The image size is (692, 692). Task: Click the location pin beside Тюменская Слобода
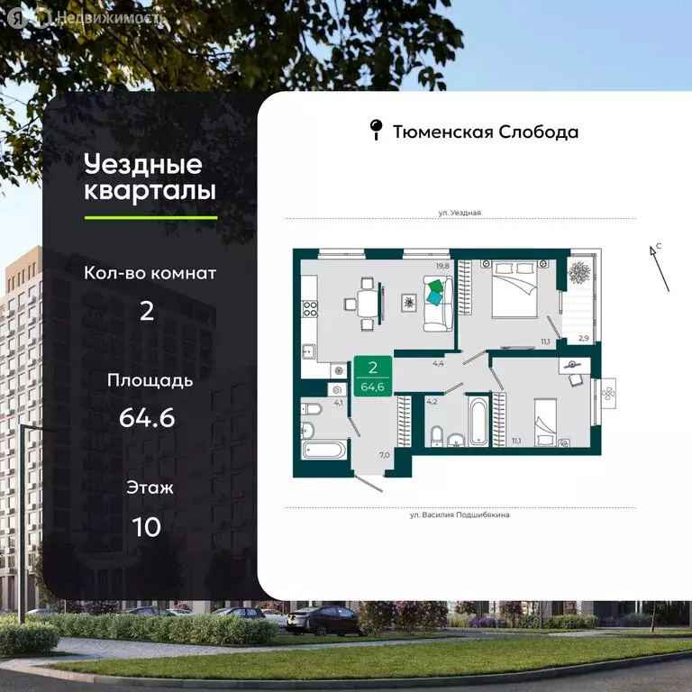377,131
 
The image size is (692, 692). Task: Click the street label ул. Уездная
460,213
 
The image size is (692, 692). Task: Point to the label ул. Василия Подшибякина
460,515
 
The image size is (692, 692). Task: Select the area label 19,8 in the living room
442,265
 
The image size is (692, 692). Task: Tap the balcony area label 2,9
584,338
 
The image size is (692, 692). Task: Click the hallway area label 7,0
384,454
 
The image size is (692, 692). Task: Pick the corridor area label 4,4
438,363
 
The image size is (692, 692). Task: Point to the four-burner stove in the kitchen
310,309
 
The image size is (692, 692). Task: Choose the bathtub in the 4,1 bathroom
324,449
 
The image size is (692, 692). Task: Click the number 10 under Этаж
146,526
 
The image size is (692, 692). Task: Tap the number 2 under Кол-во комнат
146,312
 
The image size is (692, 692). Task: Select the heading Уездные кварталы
150,178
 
